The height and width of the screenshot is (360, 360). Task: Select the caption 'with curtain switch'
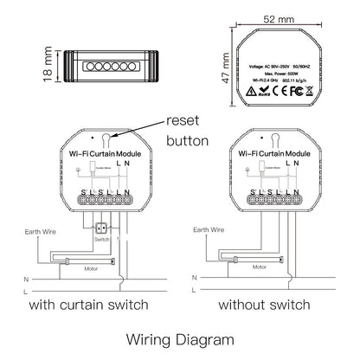89,305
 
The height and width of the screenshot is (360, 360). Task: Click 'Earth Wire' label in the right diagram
209,231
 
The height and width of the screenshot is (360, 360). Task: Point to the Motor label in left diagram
89,268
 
